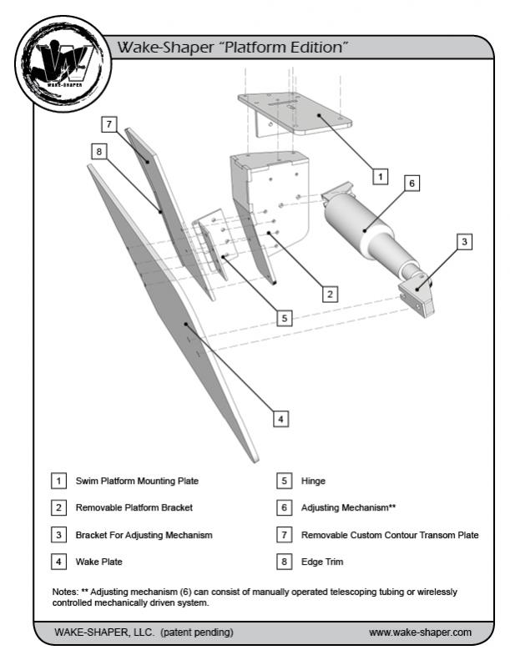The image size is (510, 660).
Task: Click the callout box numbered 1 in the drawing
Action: (x=379, y=177)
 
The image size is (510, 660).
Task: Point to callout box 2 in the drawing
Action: (x=331, y=293)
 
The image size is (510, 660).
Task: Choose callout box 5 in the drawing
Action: (x=285, y=318)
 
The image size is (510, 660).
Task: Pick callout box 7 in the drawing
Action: (x=109, y=124)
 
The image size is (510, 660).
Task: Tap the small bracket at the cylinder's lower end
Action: (x=418, y=296)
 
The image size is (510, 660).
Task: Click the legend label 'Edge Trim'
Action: (x=323, y=562)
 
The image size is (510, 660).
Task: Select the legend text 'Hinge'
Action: (x=315, y=481)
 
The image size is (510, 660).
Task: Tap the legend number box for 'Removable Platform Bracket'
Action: (x=58, y=507)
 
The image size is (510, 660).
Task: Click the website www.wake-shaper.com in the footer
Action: (x=420, y=632)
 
